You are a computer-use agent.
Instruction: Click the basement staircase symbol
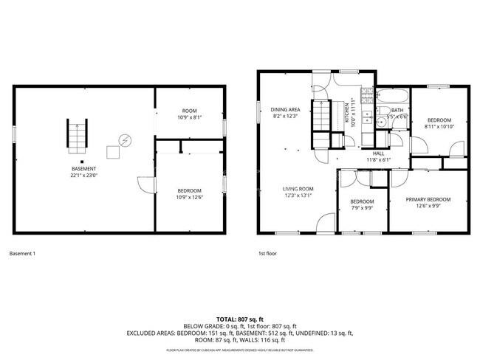click(78, 134)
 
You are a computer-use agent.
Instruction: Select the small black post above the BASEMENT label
click(82, 161)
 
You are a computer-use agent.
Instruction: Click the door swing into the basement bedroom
click(147, 184)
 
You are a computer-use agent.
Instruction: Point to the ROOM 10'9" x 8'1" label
click(190, 114)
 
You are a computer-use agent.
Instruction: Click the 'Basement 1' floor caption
click(22, 254)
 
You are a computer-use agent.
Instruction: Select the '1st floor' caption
click(266, 254)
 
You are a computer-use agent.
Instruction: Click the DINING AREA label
click(284, 112)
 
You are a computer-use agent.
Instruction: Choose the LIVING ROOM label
click(298, 192)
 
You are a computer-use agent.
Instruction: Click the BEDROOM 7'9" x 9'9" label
click(362, 205)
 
